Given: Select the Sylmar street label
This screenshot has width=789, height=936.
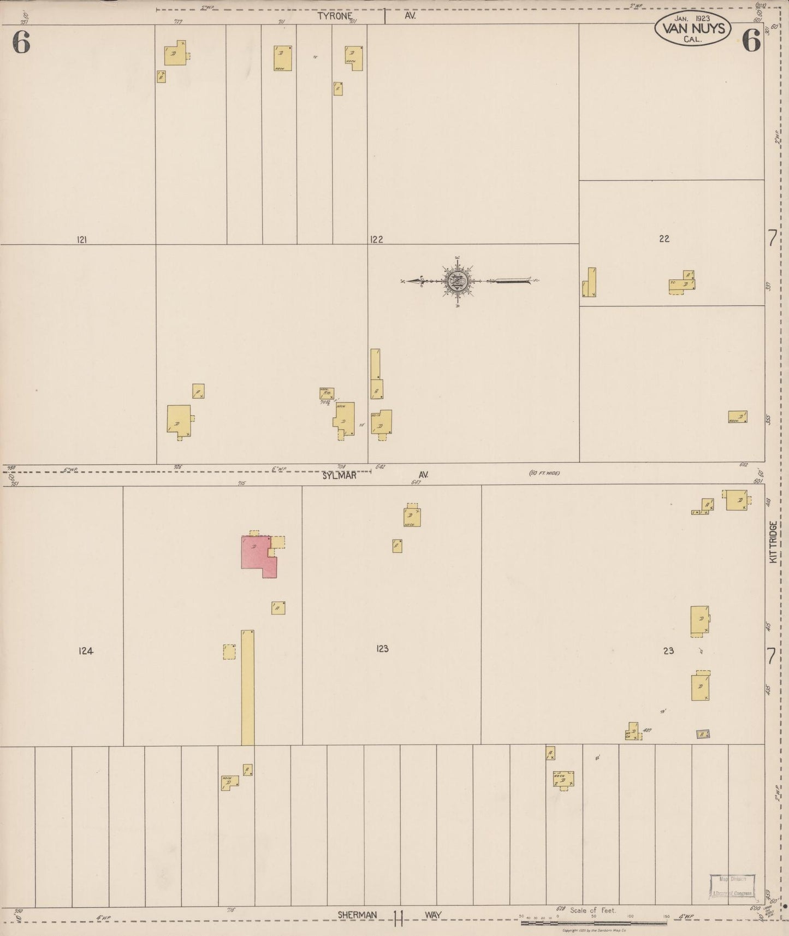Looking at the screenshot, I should click(339, 475).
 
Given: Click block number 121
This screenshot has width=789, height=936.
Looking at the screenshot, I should click(82, 239).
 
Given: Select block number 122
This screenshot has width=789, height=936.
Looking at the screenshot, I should click(376, 239).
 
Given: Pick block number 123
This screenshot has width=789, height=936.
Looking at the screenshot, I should click(382, 649).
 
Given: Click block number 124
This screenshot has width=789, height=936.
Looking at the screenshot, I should click(86, 650).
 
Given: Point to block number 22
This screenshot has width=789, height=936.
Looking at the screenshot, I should click(664, 239).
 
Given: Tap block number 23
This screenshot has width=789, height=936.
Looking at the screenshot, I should click(668, 650).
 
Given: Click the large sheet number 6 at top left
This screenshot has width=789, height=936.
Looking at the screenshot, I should click(21, 43).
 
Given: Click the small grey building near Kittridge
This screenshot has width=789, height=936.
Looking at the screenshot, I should click(703, 734).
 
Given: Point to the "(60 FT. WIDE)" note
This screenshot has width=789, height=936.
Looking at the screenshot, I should click(544, 473).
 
